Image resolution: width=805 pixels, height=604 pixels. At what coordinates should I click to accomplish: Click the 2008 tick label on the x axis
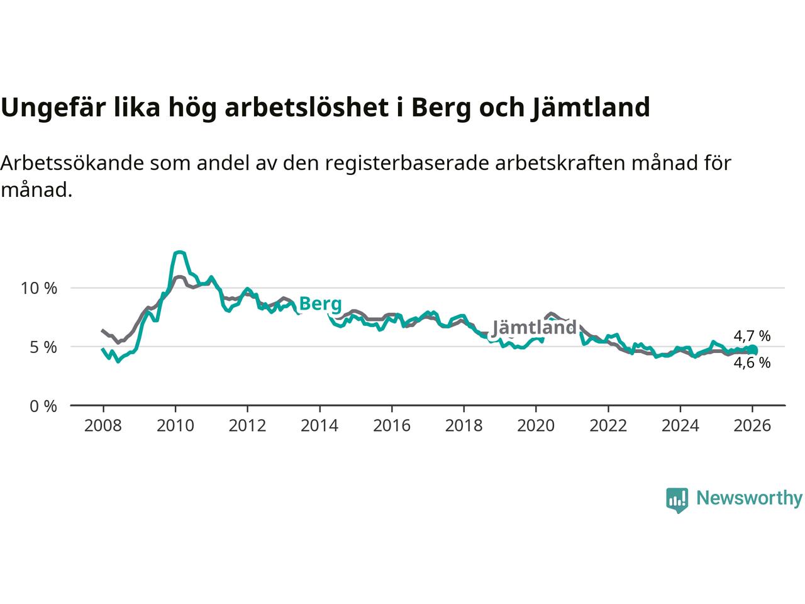tap(103, 426)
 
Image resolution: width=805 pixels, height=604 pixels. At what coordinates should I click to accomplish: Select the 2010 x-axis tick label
tap(175, 426)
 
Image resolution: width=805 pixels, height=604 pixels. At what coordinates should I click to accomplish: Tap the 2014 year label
tap(319, 426)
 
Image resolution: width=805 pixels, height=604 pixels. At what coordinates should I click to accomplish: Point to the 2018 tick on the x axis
tap(464, 426)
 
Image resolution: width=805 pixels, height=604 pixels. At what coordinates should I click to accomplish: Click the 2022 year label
tap(608, 426)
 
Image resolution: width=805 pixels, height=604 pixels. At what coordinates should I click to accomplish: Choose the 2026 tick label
tap(752, 426)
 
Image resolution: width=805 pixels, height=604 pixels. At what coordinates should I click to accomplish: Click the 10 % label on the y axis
tap(39, 289)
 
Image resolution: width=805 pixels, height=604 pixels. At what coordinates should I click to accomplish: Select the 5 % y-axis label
tap(43, 347)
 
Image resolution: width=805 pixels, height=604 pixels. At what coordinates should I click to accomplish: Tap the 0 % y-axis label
tap(43, 406)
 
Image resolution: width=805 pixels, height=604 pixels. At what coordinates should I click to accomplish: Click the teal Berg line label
tap(320, 305)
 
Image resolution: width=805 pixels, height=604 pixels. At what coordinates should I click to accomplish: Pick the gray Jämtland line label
tap(534, 328)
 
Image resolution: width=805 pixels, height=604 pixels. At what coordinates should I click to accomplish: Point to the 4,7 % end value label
tap(752, 336)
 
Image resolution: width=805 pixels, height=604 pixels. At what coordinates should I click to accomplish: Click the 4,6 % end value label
tap(752, 363)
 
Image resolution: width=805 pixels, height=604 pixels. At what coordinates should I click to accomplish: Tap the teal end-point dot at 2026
tap(752, 350)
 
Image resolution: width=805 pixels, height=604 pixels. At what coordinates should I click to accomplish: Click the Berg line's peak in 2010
tap(179, 252)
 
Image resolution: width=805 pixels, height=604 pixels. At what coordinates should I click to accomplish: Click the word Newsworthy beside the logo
tap(749, 498)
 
